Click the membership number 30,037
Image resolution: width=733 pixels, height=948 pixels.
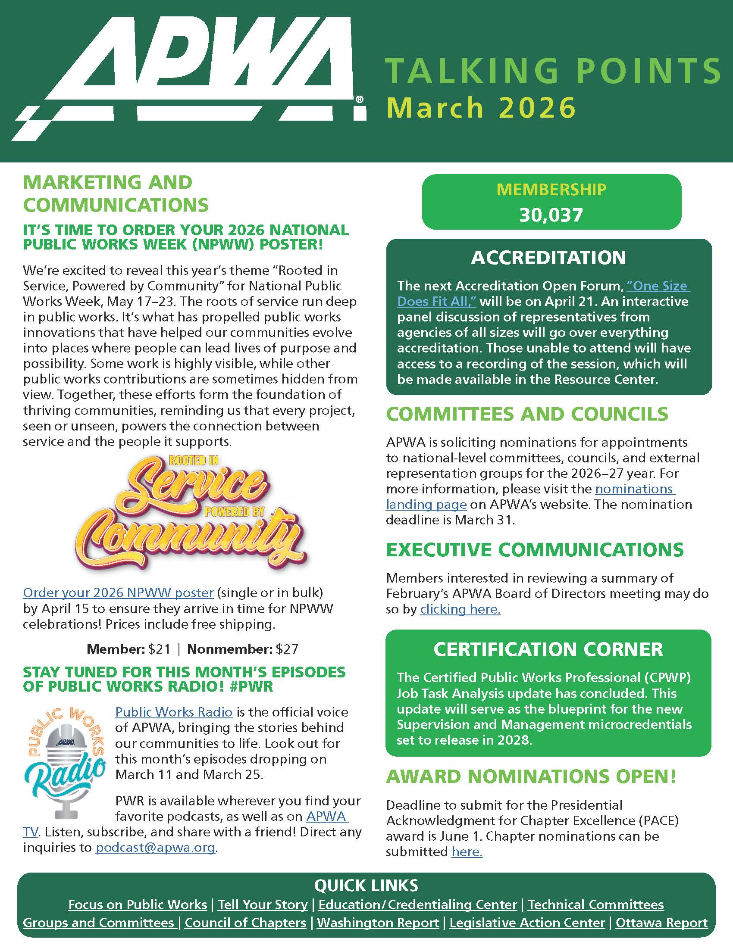click(551, 215)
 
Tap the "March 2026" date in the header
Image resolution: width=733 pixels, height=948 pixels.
click(481, 108)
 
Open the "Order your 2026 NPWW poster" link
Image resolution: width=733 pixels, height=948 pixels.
click(118, 592)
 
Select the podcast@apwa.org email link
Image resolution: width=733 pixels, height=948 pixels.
click(156, 847)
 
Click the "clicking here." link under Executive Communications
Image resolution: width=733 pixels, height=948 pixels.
click(460, 609)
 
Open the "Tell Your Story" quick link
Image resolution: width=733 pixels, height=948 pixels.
click(263, 904)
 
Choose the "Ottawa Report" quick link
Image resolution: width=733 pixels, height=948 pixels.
click(661, 923)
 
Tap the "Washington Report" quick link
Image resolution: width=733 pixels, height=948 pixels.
click(378, 923)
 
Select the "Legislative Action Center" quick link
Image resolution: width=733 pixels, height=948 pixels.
click(527, 923)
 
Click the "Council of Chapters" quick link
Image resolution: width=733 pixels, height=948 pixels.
click(245, 923)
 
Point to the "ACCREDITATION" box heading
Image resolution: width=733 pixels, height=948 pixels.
click(549, 258)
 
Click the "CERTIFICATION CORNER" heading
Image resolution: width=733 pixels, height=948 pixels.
click(548, 649)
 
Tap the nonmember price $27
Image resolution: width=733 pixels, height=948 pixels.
click(287, 649)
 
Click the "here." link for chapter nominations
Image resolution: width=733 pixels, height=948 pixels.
click(467, 851)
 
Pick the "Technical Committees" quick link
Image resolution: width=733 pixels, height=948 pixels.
click(596, 904)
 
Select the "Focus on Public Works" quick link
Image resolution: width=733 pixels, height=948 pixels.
click(138, 904)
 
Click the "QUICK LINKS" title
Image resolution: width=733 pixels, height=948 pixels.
click(366, 886)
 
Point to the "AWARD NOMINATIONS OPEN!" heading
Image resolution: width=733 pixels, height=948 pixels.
click(531, 776)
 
